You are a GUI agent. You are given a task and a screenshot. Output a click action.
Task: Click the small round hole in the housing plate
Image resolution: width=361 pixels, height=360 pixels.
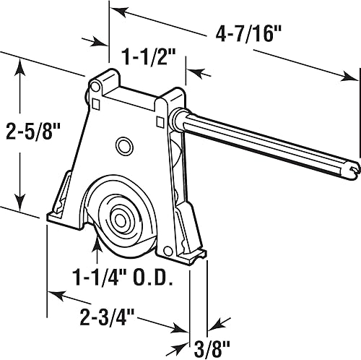[124, 147]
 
